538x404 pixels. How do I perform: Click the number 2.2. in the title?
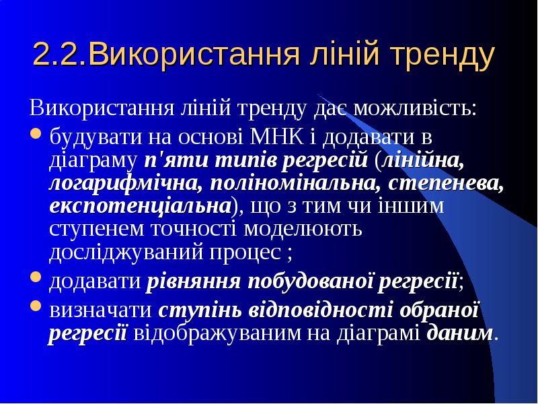60,55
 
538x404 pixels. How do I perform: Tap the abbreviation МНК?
277,137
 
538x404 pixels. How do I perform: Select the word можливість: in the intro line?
415,108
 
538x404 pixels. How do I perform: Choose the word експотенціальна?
141,207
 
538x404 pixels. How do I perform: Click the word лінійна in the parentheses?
424,160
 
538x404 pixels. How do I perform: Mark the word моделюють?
303,229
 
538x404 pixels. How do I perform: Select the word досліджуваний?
126,252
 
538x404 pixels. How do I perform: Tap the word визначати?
100,310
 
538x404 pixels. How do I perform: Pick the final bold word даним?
460,333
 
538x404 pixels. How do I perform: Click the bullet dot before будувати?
36,133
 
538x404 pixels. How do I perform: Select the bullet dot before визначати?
36,306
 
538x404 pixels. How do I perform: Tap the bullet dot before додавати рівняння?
36,277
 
